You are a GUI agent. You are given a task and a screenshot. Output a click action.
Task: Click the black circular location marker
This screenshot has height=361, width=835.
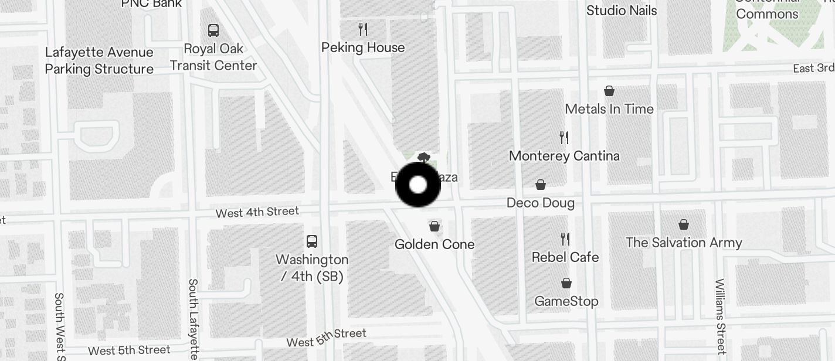418,185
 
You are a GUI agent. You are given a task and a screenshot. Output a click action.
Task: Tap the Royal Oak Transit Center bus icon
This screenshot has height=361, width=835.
213,30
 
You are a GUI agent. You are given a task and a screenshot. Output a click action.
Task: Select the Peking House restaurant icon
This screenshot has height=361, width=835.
363,29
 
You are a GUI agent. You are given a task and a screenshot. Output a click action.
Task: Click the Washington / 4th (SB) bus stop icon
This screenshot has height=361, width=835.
312,241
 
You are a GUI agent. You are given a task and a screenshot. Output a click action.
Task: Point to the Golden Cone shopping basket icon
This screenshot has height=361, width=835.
435,226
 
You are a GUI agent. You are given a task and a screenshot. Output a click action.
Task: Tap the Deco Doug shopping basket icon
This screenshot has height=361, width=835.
541,185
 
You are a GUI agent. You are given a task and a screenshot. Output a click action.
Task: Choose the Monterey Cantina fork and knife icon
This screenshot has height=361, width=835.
564,138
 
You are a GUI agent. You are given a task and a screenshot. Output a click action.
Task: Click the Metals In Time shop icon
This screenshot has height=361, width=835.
609,91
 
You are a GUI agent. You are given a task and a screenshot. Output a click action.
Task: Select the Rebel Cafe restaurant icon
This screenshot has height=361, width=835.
565,239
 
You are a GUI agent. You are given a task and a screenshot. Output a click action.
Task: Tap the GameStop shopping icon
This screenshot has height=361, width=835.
566,284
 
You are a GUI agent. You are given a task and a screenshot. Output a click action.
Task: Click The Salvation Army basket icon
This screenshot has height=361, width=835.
684,224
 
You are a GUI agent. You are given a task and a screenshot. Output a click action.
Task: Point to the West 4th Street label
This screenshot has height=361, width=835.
257,212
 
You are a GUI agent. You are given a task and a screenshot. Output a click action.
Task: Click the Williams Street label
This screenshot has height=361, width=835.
721,316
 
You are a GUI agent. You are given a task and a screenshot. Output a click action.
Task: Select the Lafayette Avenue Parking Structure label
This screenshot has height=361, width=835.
99,60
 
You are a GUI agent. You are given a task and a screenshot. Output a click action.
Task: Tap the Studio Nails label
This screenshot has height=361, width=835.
622,11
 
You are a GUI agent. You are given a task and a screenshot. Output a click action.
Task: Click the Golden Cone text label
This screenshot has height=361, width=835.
435,244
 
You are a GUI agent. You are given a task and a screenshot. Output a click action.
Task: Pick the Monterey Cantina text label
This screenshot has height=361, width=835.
564,156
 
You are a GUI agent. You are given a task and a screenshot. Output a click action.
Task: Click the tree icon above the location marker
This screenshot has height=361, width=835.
424,158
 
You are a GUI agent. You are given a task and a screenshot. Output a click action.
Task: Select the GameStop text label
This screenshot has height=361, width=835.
566,301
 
